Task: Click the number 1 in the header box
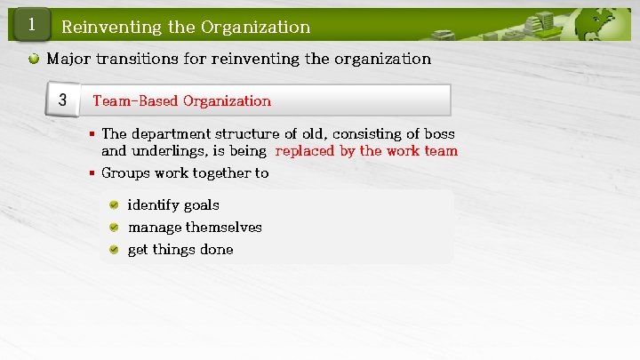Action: (x=31, y=25)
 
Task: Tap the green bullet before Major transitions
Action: (x=33, y=60)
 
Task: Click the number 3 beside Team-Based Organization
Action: (x=62, y=100)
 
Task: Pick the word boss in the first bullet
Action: (x=439, y=133)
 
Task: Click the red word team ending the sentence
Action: (x=441, y=151)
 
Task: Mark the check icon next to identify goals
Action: (x=115, y=204)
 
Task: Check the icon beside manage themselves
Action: (x=115, y=227)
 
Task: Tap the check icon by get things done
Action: (x=115, y=250)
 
